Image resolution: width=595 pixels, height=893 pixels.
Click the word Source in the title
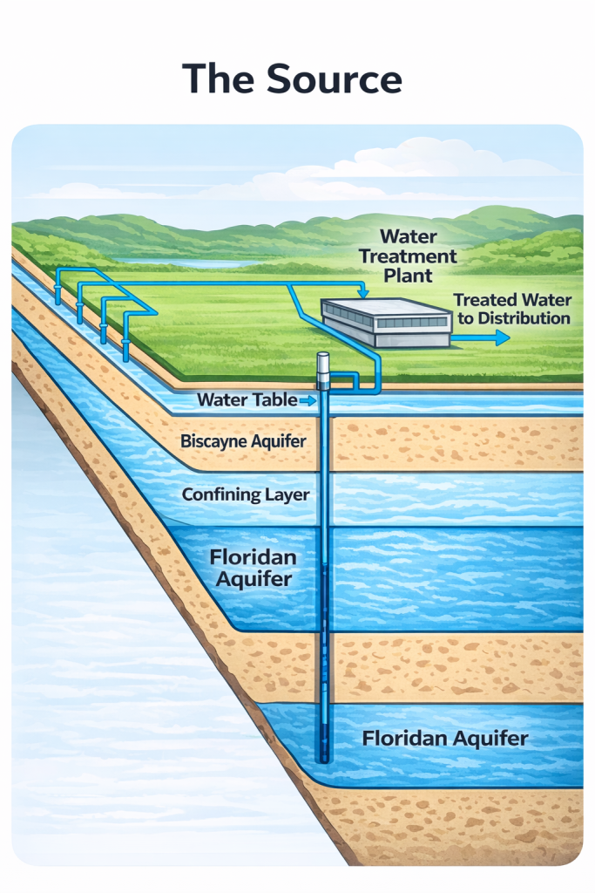tap(335, 78)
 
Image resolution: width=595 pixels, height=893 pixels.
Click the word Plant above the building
tap(408, 276)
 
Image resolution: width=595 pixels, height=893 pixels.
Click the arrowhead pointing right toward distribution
tap(503, 337)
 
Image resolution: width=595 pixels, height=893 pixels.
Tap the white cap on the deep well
tap(324, 363)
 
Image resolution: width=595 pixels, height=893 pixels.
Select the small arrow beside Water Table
tap(307, 400)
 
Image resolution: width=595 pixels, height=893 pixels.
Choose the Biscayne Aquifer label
tap(243, 441)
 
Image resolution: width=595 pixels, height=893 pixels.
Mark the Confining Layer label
tap(246, 495)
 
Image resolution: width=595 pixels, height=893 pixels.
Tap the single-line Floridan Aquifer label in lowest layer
tap(444, 739)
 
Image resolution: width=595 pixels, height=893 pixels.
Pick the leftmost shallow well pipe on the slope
tap(58, 288)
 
